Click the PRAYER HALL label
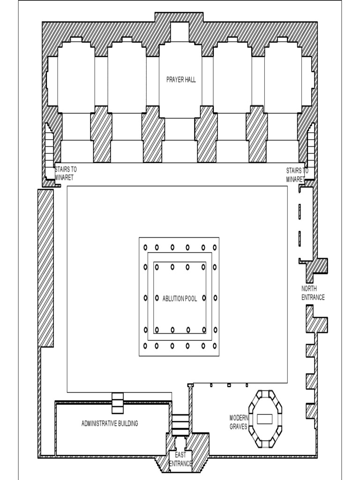[x=181, y=80]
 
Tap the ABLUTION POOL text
[x=180, y=299]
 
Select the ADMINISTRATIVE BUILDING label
[x=110, y=424]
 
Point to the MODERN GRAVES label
[x=238, y=422]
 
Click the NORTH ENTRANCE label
[x=313, y=293]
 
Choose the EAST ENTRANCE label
[x=180, y=459]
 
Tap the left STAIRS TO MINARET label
[x=66, y=174]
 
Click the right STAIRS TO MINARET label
[x=297, y=174]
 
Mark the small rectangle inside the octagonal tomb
[x=265, y=418]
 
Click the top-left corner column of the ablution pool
[x=145, y=247]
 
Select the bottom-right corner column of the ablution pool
[x=215, y=346]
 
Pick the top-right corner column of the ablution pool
[x=215, y=247]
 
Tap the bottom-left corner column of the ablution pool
[x=145, y=346]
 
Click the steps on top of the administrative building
[x=117, y=403]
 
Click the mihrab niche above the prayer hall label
[x=180, y=32]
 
